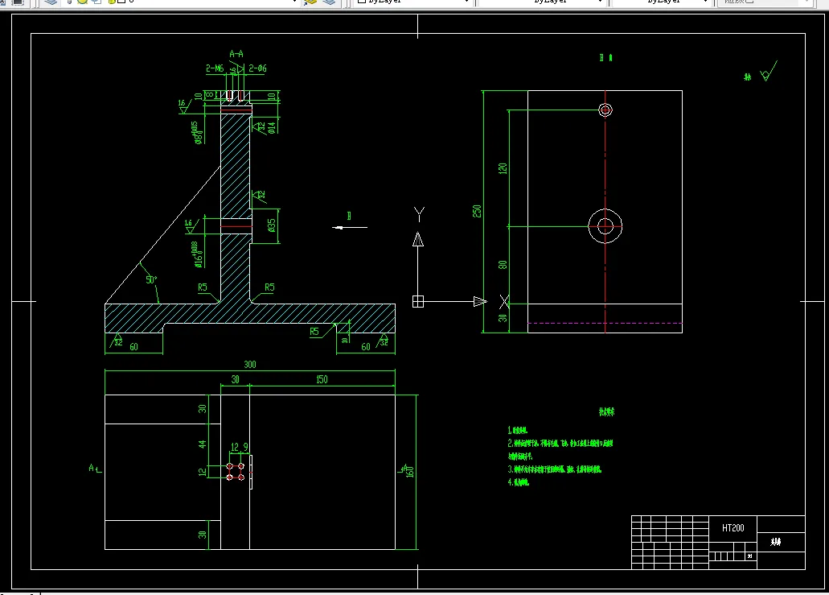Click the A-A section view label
236,54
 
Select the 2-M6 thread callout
215,69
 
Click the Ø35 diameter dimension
272,225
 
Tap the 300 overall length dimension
250,365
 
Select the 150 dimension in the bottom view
322,379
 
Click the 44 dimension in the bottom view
203,444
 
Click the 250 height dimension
477,211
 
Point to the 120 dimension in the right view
503,168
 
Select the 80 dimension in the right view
503,264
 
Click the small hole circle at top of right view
605,110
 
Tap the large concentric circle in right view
605,226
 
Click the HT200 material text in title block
733,528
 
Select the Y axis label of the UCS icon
418,213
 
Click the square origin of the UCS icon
417,301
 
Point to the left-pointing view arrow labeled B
350,226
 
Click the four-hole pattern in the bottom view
236,472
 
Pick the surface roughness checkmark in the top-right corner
767,72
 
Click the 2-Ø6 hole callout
257,69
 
